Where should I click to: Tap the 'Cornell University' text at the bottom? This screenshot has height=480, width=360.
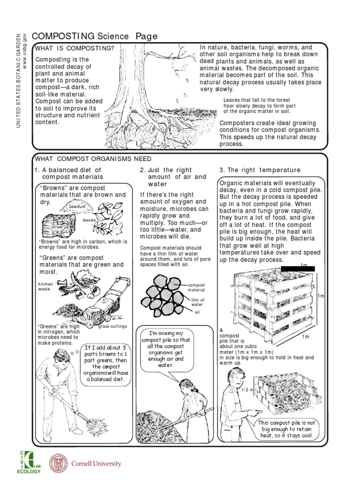(x=96, y=464)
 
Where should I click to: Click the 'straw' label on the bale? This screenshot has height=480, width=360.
(x=57, y=226)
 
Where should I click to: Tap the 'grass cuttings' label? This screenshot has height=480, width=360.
(x=112, y=326)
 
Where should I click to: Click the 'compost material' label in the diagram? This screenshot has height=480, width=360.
(x=197, y=287)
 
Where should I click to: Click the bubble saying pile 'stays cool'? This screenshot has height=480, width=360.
(x=286, y=429)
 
